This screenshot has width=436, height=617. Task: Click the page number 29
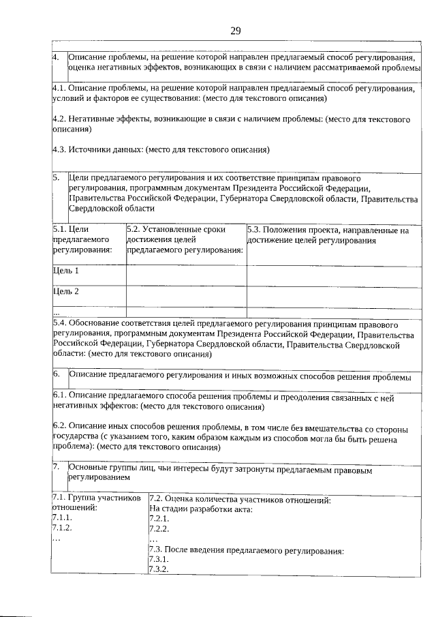236,30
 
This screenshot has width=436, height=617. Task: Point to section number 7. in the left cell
56,468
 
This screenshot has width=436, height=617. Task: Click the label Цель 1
66,271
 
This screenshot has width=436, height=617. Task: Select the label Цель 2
66,292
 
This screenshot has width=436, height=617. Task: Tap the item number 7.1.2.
62,528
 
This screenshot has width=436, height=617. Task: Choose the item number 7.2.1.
158,519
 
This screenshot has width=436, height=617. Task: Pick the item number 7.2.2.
158,528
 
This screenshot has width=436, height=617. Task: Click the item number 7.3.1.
158,560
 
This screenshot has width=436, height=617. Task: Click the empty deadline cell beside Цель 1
186,275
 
